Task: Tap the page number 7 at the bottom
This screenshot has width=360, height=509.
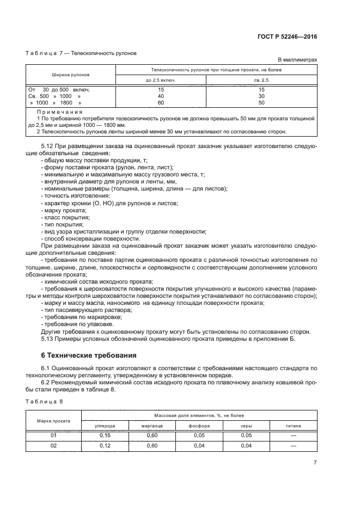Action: (315, 463)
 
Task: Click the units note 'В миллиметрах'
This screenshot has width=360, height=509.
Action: (297, 60)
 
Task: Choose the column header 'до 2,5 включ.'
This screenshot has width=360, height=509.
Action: (161, 79)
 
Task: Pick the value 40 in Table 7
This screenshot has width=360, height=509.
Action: (161, 96)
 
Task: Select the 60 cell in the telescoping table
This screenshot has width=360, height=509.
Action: (161, 102)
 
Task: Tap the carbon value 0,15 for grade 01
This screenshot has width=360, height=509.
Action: (105, 436)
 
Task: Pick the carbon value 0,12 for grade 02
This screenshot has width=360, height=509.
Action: (105, 446)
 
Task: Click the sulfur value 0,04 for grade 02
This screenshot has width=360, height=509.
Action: (247, 446)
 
